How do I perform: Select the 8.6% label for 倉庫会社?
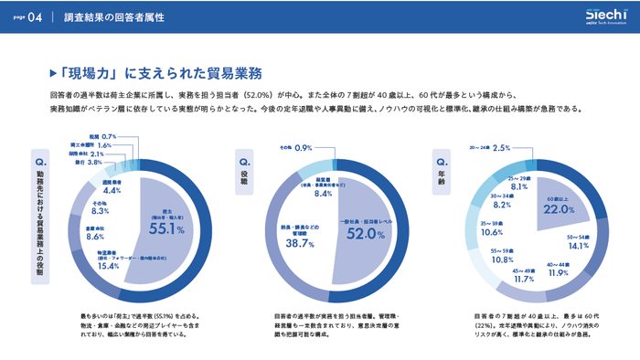pyautogui.click(x=96, y=236)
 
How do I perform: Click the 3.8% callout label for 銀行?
pyautogui.click(x=94, y=162)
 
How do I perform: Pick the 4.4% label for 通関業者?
pyautogui.click(x=112, y=190)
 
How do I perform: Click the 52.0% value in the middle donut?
pyautogui.click(x=363, y=234)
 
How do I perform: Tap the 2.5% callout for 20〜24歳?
pyautogui.click(x=501, y=147)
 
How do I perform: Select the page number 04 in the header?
pyautogui.click(x=36, y=17)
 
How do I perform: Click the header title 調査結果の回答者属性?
pyautogui.click(x=114, y=17)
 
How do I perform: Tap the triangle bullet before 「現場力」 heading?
pyautogui.click(x=52, y=73)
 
